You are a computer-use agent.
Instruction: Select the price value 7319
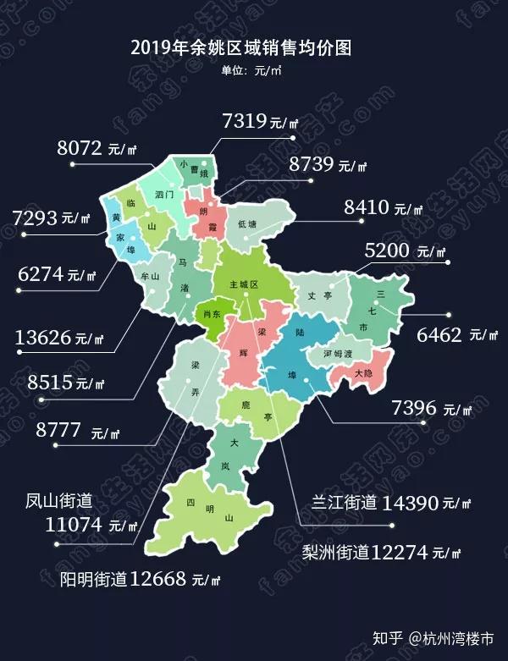pyautogui.click(x=245, y=120)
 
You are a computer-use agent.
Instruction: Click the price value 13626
pyautogui.click(x=43, y=339)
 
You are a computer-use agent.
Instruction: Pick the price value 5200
pyautogui.click(x=392, y=251)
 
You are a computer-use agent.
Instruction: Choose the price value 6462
pyautogui.click(x=439, y=333)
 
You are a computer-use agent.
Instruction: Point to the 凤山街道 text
pyautogui.click(x=58, y=502)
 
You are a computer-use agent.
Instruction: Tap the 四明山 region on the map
pyautogui.click(x=202, y=511)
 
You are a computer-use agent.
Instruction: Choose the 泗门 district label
pyautogui.click(x=165, y=195)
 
